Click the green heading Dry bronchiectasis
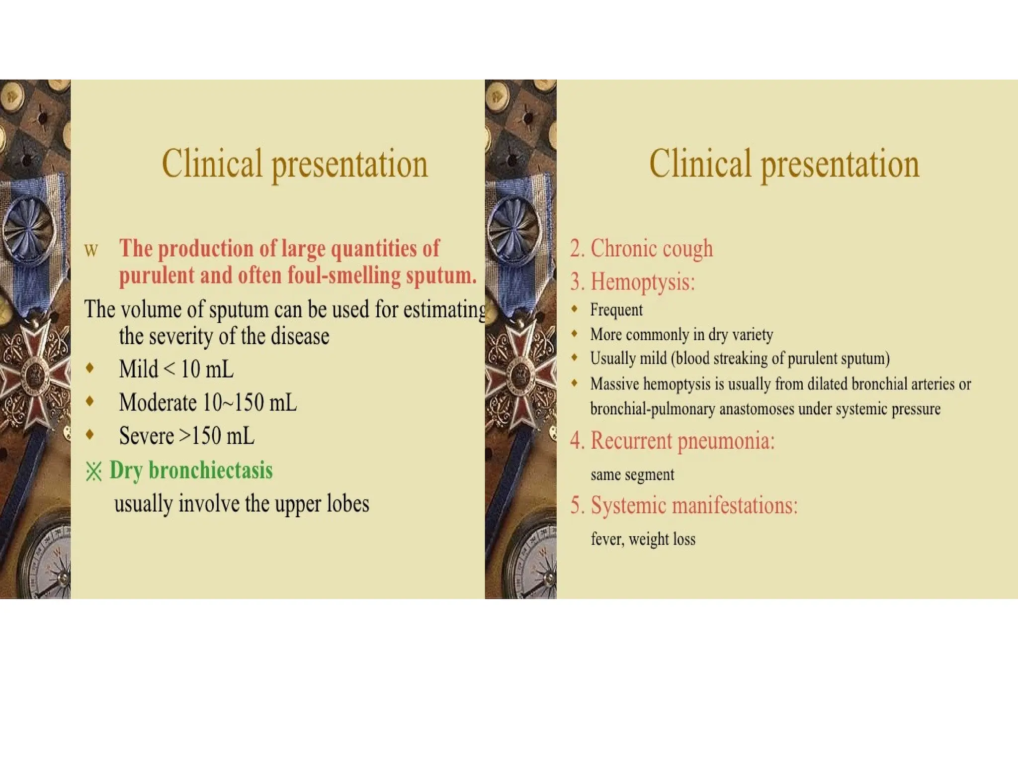coord(191,471)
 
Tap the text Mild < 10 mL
coord(176,370)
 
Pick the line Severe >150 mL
coord(186,436)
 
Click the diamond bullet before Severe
coord(90,434)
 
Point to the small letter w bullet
coord(91,250)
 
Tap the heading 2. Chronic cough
coord(641,248)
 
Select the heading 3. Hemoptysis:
coord(632,282)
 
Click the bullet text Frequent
coord(616,310)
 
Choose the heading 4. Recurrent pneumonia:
coord(672,441)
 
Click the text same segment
coord(632,475)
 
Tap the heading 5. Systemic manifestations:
coord(683,506)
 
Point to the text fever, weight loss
coord(643,539)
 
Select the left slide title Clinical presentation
coord(294,164)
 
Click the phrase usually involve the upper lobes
coord(242,504)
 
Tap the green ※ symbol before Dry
coord(93,472)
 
